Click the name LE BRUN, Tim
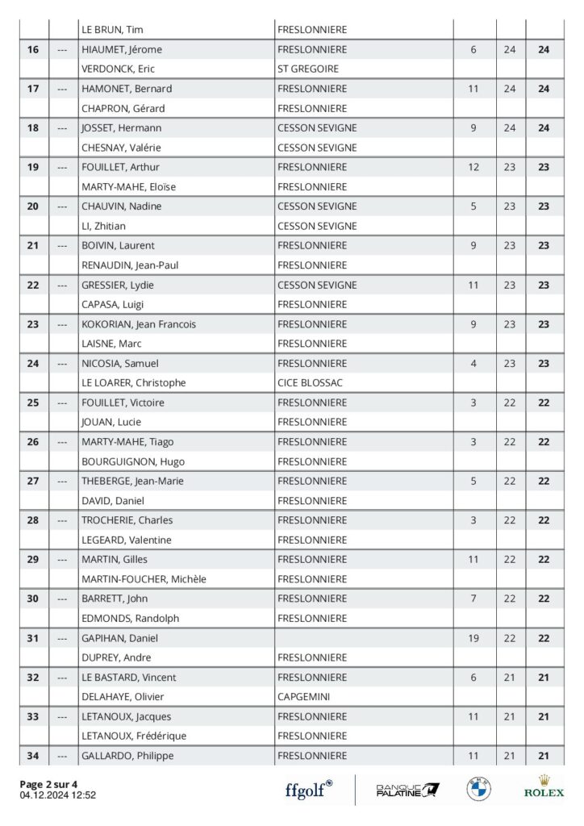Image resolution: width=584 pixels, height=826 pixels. click(x=112, y=30)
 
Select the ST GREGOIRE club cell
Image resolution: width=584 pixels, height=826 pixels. click(x=307, y=69)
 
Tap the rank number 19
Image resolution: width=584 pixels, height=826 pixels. click(x=33, y=167)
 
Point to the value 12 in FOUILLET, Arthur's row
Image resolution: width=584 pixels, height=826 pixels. click(x=473, y=167)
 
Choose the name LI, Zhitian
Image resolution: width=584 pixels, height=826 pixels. click(x=103, y=226)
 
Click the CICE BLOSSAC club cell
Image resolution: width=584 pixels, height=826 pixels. click(x=310, y=382)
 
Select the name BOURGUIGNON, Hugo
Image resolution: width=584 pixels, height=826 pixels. click(x=133, y=461)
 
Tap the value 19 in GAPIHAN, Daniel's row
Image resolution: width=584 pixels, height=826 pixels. click(x=473, y=638)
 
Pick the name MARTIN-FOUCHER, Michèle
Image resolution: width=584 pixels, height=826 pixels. click(x=144, y=579)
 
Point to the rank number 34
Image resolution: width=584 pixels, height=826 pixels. click(x=33, y=756)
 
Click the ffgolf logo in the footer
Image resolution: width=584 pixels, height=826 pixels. click(x=308, y=790)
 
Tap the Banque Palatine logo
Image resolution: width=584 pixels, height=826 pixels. click(x=407, y=790)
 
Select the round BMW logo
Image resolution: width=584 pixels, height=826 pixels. click(x=478, y=789)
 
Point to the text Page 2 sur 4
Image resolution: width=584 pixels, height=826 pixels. click(x=49, y=784)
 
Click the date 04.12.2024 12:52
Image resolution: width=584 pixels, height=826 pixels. click(x=58, y=795)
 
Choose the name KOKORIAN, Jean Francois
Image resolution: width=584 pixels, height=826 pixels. click(x=138, y=324)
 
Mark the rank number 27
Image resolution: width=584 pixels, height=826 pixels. click(x=33, y=481)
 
